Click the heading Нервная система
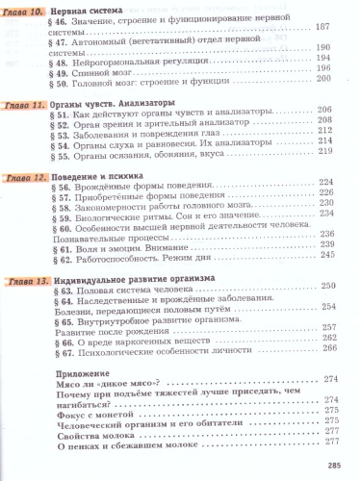[x=83, y=11]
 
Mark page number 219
[x=324, y=155]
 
